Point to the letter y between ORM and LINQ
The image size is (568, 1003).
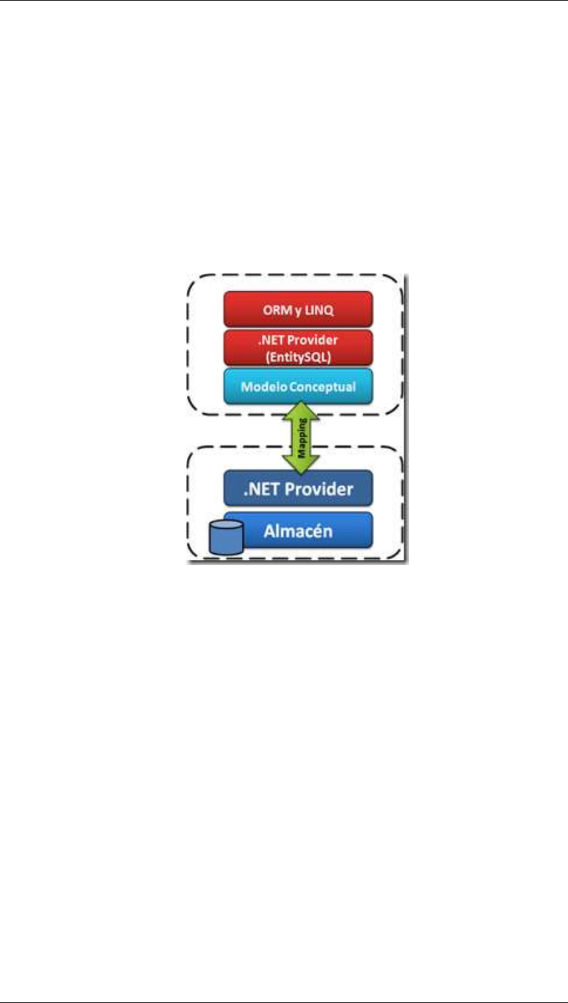click(296, 311)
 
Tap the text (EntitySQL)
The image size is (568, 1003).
click(298, 354)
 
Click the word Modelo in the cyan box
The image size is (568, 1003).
click(262, 386)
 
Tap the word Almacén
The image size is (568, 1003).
click(298, 531)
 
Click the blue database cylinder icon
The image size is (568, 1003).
click(226, 537)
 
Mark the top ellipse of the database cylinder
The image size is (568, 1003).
click(226, 526)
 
